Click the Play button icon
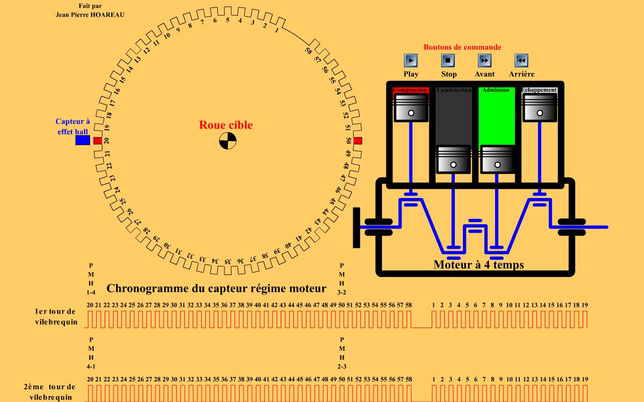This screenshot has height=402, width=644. [411, 60]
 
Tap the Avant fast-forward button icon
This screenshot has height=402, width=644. [485, 60]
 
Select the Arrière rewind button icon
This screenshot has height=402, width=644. [521, 60]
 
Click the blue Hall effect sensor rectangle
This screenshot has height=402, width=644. [83, 140]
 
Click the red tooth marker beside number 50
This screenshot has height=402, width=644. [358, 141]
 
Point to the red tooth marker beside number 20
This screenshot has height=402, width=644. [98, 141]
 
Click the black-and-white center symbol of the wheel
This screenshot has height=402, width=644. [227, 141]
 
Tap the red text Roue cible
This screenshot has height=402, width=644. [226, 125]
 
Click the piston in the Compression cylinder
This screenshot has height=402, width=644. [411, 109]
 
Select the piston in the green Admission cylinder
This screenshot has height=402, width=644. [497, 159]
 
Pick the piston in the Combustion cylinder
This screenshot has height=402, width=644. [453, 159]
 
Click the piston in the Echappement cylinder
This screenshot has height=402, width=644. [540, 109]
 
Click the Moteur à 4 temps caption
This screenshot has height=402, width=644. [478, 264]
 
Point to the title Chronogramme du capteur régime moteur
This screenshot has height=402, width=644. [216, 288]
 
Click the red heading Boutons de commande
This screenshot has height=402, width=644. [462, 47]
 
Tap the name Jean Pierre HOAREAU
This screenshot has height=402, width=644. [90, 15]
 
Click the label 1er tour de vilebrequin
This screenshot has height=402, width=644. [56, 317]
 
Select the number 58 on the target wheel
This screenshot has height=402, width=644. [308, 50]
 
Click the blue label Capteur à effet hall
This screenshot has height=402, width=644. [72, 126]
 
